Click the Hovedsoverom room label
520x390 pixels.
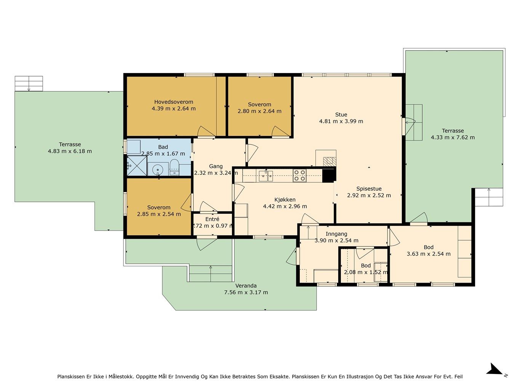[x=174, y=102]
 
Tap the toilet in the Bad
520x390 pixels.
[x=174, y=167]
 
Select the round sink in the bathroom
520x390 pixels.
[x=158, y=170]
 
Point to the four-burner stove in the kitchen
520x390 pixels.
[x=299, y=176]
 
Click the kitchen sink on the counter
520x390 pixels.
[x=266, y=176]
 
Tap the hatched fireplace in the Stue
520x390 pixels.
[x=330, y=161]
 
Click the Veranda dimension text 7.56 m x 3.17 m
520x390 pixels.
[x=246, y=292]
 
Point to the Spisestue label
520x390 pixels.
[x=369, y=189]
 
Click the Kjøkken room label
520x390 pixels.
[x=285, y=200]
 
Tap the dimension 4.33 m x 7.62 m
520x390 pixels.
[x=453, y=137]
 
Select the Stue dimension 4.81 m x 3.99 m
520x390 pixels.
[x=341, y=121]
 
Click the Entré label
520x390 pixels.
[x=212, y=219]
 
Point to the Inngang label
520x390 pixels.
[x=336, y=234]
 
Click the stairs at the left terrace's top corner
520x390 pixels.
[x=29, y=83]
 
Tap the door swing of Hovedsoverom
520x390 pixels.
[x=206, y=132]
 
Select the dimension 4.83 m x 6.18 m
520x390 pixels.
[x=70, y=151]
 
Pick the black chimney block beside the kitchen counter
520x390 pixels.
[x=329, y=176]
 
